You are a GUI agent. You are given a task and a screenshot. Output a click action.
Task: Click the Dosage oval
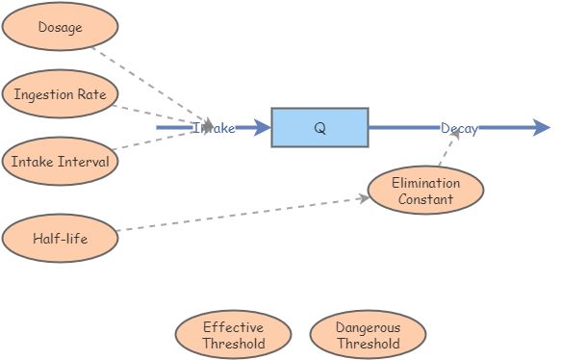60,27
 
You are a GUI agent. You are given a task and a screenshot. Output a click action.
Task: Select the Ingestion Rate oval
60,94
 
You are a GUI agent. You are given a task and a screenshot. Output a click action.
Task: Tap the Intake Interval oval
60,161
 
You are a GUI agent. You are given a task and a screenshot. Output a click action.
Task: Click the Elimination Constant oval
425,191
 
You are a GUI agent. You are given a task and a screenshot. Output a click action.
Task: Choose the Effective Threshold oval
233,335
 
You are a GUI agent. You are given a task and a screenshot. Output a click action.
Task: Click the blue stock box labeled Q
319,128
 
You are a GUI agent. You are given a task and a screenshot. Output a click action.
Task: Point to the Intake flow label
214,128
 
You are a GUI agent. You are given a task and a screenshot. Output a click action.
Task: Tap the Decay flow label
459,128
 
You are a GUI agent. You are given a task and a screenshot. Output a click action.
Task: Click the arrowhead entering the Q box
262,128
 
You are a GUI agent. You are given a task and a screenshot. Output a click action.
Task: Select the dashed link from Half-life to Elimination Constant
241,215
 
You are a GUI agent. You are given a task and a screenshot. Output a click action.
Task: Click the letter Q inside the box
319,128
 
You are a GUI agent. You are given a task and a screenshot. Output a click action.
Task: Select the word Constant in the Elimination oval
425,199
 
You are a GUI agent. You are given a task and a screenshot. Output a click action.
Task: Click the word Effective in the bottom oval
233,327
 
